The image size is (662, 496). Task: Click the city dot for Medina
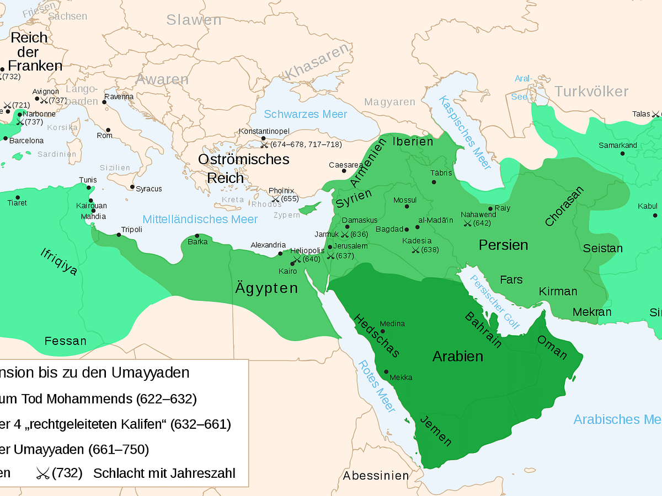click(383, 331)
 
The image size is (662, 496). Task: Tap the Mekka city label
click(401, 378)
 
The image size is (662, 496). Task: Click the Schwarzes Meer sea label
click(305, 114)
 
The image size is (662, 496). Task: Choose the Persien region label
click(503, 245)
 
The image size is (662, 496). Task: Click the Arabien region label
click(457, 356)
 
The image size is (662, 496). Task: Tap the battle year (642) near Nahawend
click(482, 223)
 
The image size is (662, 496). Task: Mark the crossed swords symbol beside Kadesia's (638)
click(415, 250)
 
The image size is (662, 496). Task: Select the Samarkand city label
click(618, 145)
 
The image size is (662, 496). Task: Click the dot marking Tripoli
click(119, 235)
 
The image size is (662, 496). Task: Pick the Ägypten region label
click(266, 288)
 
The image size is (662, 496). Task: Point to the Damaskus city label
click(360, 220)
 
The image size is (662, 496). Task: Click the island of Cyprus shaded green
click(310, 208)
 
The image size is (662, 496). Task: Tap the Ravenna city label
click(119, 96)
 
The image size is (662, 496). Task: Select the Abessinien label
click(376, 475)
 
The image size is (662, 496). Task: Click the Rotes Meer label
click(377, 386)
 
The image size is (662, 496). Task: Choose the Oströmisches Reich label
click(243, 169)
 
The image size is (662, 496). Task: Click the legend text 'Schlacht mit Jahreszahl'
click(164, 473)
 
